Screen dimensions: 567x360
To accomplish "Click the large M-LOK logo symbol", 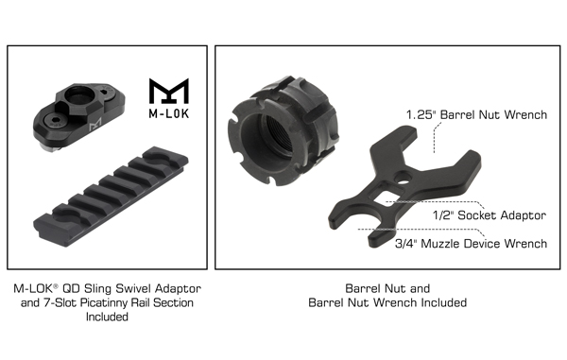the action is [x=169, y=91].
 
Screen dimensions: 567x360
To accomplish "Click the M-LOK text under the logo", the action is [x=169, y=113].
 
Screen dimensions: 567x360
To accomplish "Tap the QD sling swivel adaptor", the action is [x=78, y=116].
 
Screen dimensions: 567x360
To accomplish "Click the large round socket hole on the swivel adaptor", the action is [x=79, y=95].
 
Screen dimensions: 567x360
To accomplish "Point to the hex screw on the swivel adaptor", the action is [x=56, y=121].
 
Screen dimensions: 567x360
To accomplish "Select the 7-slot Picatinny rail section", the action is [x=111, y=197].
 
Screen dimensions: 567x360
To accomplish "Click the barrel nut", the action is [x=283, y=130].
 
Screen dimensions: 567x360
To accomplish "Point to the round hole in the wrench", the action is [x=403, y=177].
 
